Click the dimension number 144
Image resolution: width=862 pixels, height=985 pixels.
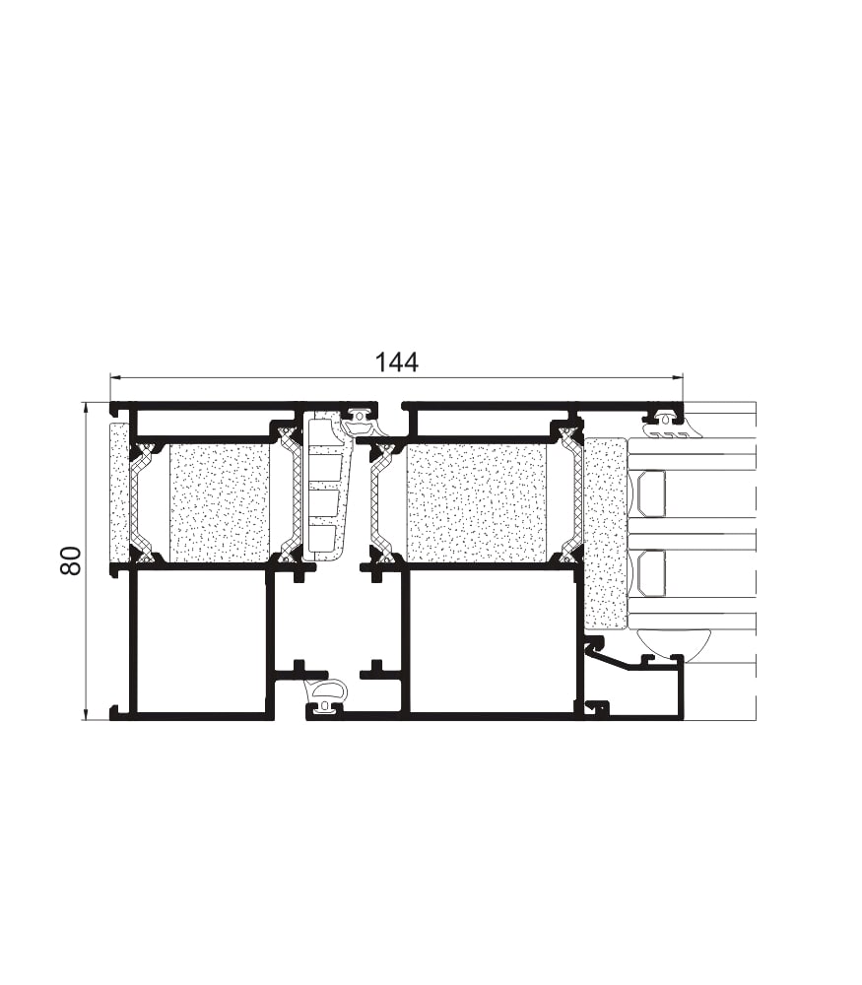(396, 362)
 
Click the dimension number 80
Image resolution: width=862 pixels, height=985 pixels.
(71, 561)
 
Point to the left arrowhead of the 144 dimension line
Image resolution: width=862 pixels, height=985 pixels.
(114, 377)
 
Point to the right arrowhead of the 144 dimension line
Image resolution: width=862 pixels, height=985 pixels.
(678, 377)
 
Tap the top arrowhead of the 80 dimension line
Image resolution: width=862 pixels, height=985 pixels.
(85, 408)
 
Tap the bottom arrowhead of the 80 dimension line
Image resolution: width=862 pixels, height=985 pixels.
(85, 714)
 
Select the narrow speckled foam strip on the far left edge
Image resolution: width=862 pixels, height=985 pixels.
(119, 493)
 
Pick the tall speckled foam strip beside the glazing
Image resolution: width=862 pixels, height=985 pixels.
(605, 533)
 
